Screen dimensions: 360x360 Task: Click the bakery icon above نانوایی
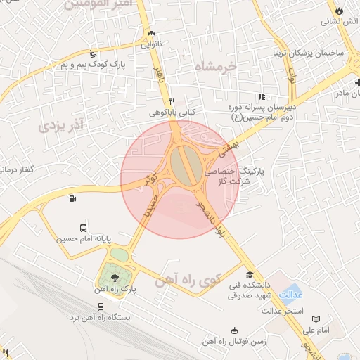pos(151,33)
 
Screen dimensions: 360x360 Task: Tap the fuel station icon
pos(73,199)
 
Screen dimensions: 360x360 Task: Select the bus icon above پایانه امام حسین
pos(84,229)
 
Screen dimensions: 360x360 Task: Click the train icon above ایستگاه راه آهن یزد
pos(102,307)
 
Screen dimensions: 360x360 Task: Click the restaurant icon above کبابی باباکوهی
pos(172,101)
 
